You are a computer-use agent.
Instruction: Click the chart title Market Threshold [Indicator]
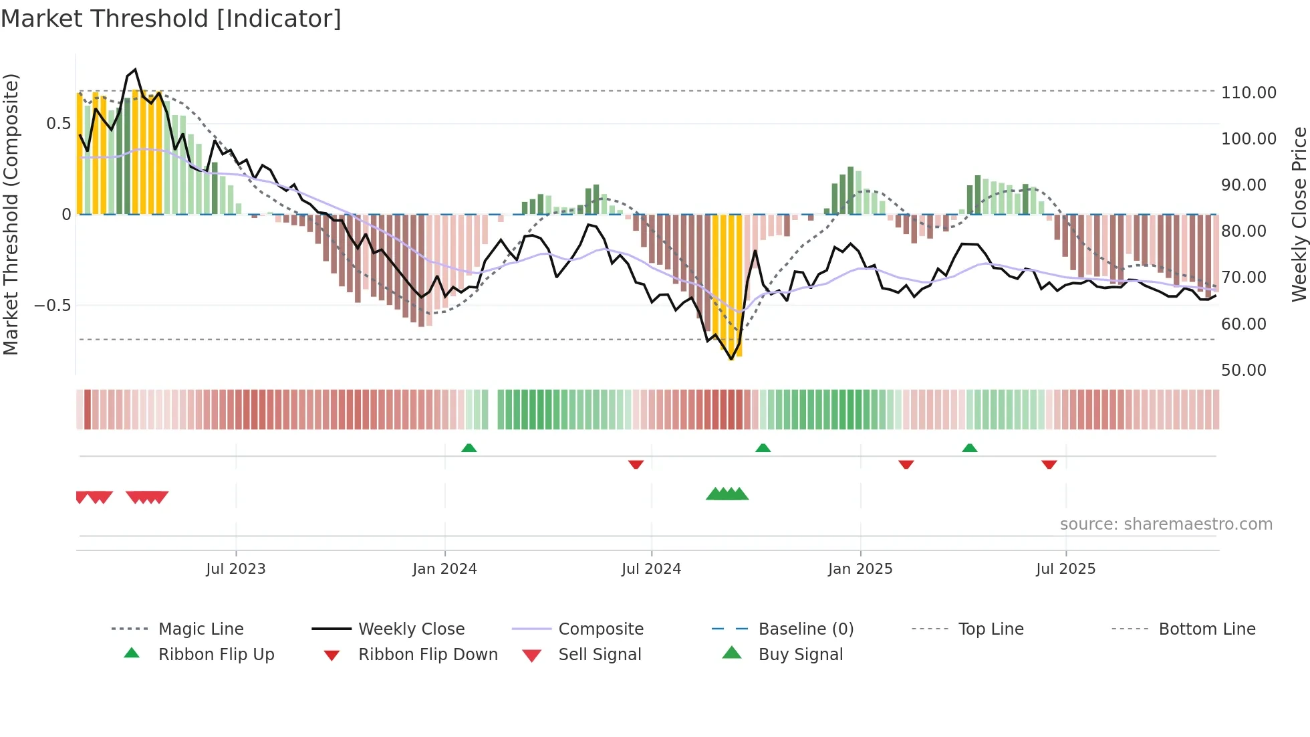[171, 19]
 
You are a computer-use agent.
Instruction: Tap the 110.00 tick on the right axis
[1248, 93]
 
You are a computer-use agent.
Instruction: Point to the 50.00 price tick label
[1243, 371]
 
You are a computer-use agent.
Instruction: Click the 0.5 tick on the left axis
[58, 124]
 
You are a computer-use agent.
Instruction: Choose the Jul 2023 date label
[235, 569]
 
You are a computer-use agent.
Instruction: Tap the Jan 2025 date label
[860, 569]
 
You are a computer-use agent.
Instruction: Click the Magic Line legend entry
[201, 629]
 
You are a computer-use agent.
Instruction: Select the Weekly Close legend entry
[411, 629]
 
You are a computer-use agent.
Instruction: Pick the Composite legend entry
[600, 629]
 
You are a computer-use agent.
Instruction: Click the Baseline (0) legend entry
[805, 629]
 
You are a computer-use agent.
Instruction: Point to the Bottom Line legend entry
[1206, 629]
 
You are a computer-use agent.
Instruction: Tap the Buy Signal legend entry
[800, 655]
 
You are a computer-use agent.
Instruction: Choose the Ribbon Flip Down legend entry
[428, 655]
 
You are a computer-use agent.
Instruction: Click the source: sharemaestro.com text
[1166, 524]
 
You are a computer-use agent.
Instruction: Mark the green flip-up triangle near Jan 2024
[469, 448]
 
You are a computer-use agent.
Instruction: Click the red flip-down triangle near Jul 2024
[636, 464]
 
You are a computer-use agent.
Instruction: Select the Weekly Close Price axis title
[1299, 214]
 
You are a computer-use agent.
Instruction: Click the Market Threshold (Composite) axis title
[11, 214]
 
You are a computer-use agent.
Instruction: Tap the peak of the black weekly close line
[136, 70]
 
